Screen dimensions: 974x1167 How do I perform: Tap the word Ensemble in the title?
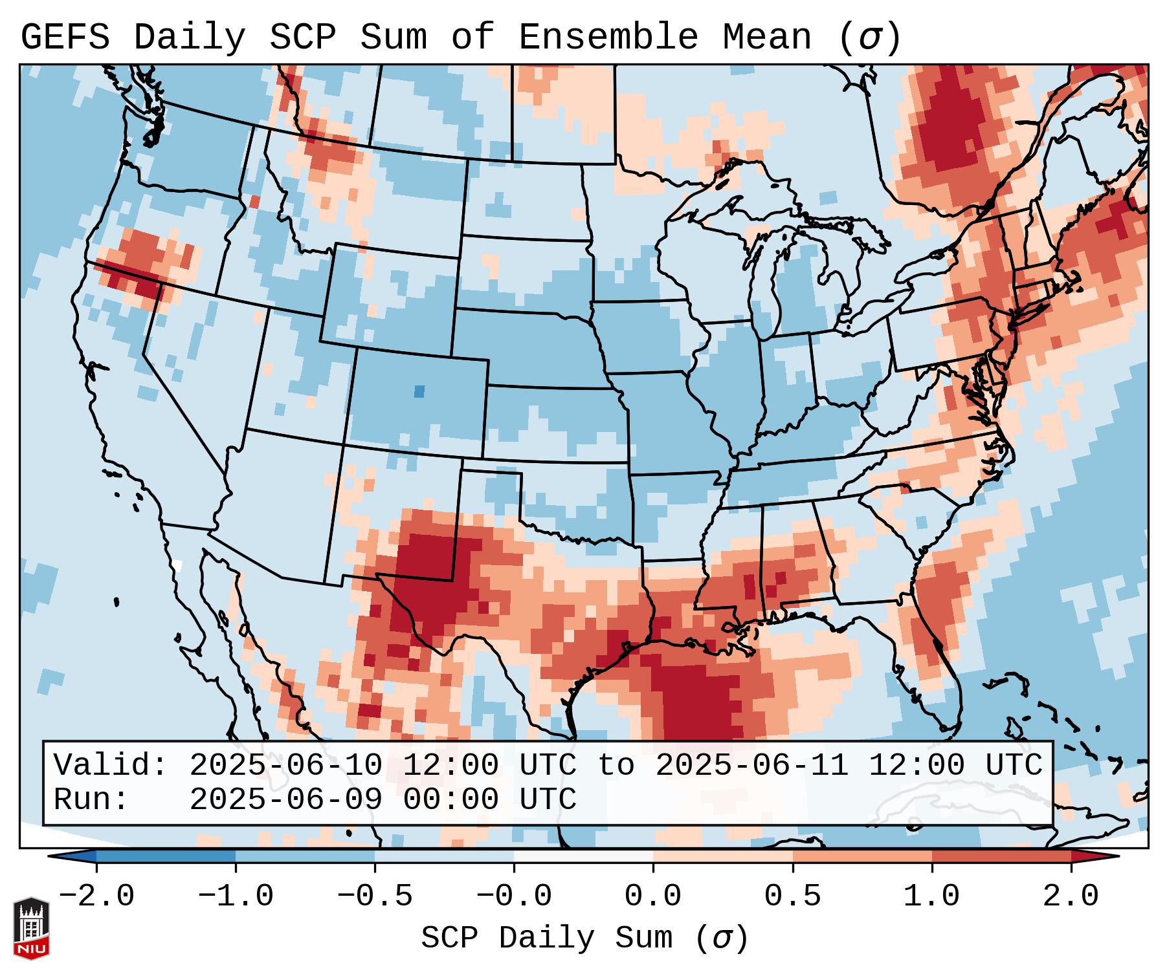click(608, 38)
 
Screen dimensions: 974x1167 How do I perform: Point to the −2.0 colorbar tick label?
click(96, 896)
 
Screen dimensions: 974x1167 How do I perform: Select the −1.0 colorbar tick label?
click(236, 896)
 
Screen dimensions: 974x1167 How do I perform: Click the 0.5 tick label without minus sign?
click(793, 896)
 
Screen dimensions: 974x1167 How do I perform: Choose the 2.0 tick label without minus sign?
click(1071, 896)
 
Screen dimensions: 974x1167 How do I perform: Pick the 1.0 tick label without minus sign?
click(932, 896)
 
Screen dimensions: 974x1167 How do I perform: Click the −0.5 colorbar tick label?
click(375, 896)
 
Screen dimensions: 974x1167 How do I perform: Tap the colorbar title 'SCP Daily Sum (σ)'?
click(584, 938)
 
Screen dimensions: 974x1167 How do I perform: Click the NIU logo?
click(31, 928)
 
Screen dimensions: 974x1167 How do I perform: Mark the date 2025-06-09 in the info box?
click(285, 800)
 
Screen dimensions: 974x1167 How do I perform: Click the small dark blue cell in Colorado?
click(419, 391)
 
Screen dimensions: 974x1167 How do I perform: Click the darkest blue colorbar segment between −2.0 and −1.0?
click(166, 856)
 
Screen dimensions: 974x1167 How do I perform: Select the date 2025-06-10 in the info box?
click(285, 766)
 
